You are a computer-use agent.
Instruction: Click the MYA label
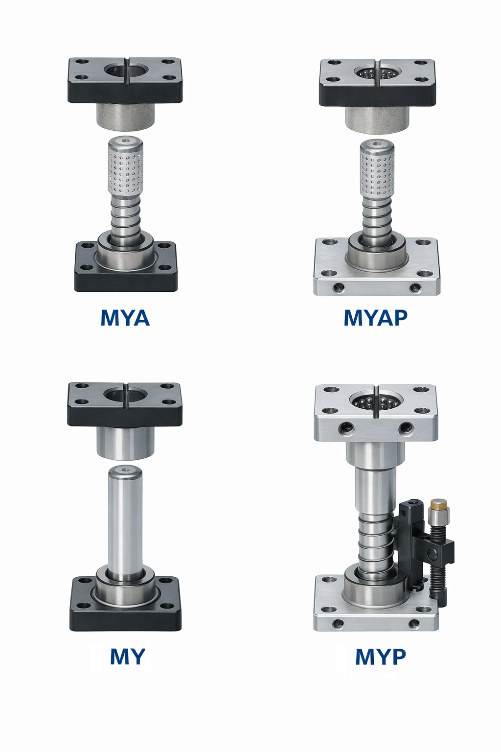[125, 318]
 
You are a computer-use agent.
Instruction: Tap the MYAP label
[375, 318]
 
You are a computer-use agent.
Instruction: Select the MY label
[128, 657]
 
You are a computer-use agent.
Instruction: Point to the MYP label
[381, 657]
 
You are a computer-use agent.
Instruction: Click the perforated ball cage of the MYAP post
[377, 172]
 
